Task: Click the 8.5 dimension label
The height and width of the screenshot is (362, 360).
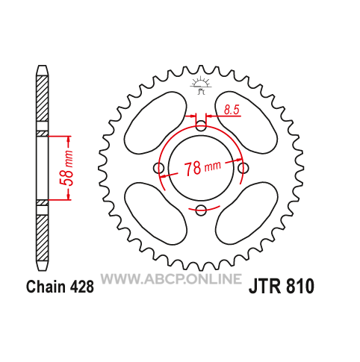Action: click(x=232, y=110)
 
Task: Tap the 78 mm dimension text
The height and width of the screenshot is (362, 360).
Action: click(x=202, y=168)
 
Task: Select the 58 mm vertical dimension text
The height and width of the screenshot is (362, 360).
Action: click(x=67, y=168)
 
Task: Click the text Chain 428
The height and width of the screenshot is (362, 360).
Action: click(x=60, y=287)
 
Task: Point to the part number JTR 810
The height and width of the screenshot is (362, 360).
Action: click(x=282, y=286)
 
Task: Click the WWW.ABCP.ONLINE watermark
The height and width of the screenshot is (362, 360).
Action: click(x=171, y=278)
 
